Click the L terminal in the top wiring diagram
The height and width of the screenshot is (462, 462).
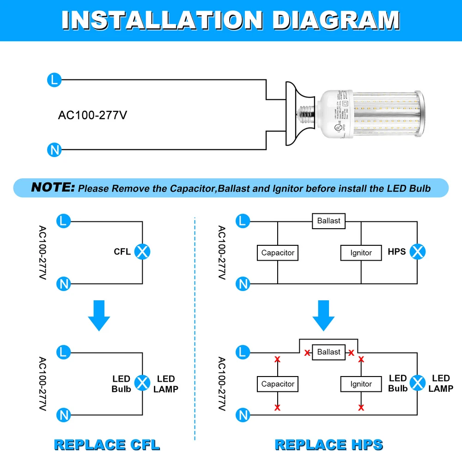pos(54,80)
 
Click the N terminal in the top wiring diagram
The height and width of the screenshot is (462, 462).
pos(54,150)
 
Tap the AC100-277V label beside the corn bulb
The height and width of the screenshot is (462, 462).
pos(92,115)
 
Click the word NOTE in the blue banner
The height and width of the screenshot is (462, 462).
pos(53,188)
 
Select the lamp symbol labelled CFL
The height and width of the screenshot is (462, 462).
pos(142,252)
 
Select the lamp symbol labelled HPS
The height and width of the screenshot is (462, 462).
pos(418,252)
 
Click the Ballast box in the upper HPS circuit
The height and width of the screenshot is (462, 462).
pos(328,221)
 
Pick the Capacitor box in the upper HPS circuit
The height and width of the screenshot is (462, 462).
pos(278,253)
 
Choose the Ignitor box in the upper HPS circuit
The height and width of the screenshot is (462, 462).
pos(361,253)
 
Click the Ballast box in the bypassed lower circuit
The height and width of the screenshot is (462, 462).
pos(328,352)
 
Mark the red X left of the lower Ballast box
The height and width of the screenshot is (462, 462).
pos(307,353)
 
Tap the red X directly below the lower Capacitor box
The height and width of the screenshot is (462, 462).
pos(278,407)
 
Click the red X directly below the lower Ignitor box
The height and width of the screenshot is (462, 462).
pos(361,407)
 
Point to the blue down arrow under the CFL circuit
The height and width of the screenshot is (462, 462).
pos(98,316)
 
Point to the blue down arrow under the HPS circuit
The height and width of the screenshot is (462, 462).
pos(323,316)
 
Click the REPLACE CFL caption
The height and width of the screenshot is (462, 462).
pos(107,445)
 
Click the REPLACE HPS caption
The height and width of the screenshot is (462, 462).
pos(329,445)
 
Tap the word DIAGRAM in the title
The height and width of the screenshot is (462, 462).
pos(336,20)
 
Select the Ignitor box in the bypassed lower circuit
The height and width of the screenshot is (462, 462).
pos(361,384)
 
